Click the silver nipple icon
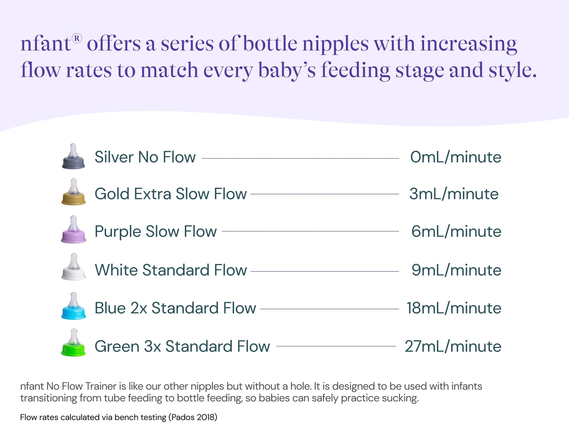pyautogui.click(x=73, y=157)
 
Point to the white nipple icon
pyautogui.click(x=73, y=267)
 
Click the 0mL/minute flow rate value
pyautogui.click(x=456, y=157)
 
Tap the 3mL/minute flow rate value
pyautogui.click(x=454, y=194)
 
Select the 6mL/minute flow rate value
pyautogui.click(x=456, y=231)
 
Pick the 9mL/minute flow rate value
pyautogui.click(x=456, y=270)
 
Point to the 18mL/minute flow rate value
pyautogui.click(x=454, y=308)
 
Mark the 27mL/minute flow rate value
pyautogui.click(x=453, y=346)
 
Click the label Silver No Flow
pyautogui.click(x=145, y=157)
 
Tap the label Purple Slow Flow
pyautogui.click(x=156, y=231)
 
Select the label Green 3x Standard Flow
pyautogui.click(x=182, y=346)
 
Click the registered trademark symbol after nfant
pyautogui.click(x=77, y=39)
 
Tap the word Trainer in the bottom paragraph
pyautogui.click(x=101, y=386)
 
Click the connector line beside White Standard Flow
pyautogui.click(x=325, y=271)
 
